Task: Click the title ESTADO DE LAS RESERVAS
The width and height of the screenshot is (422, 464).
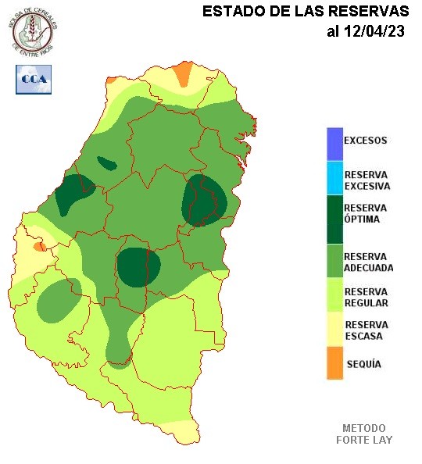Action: pyautogui.click(x=306, y=12)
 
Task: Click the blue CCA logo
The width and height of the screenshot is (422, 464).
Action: pyautogui.click(x=34, y=79)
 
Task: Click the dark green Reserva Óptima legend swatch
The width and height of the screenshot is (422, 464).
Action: pyautogui.click(x=334, y=220)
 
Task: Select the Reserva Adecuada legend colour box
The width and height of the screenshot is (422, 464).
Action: pyautogui.click(x=334, y=262)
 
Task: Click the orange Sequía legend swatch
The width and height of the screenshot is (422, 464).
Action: pyautogui.click(x=334, y=364)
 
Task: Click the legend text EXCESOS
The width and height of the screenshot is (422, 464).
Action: pyautogui.click(x=366, y=141)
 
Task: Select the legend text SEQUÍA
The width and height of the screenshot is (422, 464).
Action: pyautogui.click(x=363, y=364)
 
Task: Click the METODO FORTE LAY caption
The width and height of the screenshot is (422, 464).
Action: pyautogui.click(x=363, y=434)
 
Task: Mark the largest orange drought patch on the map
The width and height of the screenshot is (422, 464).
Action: pyautogui.click(x=182, y=73)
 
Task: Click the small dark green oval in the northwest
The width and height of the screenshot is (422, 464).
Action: pyautogui.click(x=106, y=163)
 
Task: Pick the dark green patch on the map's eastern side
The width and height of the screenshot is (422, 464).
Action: pyautogui.click(x=203, y=201)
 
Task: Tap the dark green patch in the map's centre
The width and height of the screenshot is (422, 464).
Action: pyautogui.click(x=138, y=266)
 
